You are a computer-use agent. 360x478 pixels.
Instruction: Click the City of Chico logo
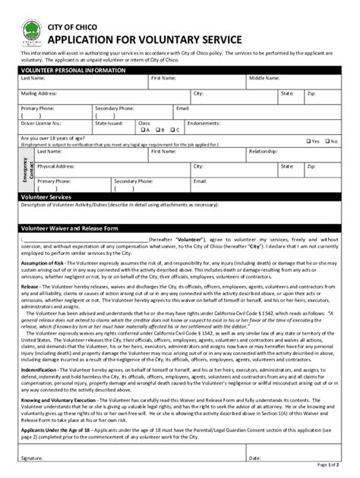pos(32,36)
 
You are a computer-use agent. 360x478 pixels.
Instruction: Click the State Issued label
pos(108,121)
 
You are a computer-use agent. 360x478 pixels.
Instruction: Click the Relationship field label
pos(264,151)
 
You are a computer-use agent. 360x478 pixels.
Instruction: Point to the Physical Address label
pos(55,165)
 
